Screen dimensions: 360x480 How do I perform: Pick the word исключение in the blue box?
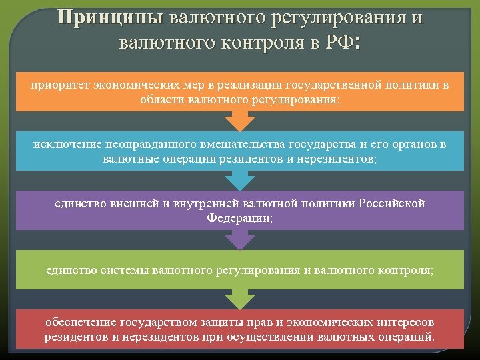point(64,144)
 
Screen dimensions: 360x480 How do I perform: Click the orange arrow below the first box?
point(239,119)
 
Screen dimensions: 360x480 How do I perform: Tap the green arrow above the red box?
point(239,297)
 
